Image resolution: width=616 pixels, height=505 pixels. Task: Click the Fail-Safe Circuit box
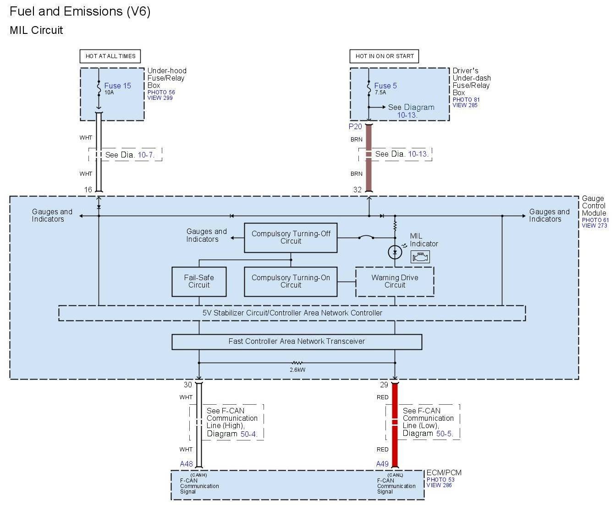(x=199, y=282)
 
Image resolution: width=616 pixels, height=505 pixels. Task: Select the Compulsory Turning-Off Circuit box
(x=291, y=238)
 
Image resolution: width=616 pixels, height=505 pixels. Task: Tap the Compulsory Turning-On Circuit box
(x=291, y=282)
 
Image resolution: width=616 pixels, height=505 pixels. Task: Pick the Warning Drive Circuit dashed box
(x=395, y=282)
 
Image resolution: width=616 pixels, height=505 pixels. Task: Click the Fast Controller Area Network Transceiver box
(x=297, y=342)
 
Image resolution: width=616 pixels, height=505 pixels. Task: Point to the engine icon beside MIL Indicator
(x=420, y=257)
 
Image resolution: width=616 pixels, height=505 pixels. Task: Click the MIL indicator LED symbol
(x=395, y=252)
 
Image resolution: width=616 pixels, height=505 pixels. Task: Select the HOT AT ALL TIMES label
(x=110, y=56)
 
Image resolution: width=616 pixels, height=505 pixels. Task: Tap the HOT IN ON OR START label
(x=385, y=56)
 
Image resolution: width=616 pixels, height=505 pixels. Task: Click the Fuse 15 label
(x=117, y=86)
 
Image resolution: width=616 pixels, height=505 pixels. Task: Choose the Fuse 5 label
(x=385, y=86)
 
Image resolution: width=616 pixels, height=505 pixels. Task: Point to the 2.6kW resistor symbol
(x=297, y=363)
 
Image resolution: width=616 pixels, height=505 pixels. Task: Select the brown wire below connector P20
(x=368, y=165)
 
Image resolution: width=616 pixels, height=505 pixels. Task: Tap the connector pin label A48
(x=186, y=464)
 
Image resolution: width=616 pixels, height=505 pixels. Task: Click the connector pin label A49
(x=382, y=464)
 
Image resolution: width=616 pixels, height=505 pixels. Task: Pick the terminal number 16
(x=88, y=190)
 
